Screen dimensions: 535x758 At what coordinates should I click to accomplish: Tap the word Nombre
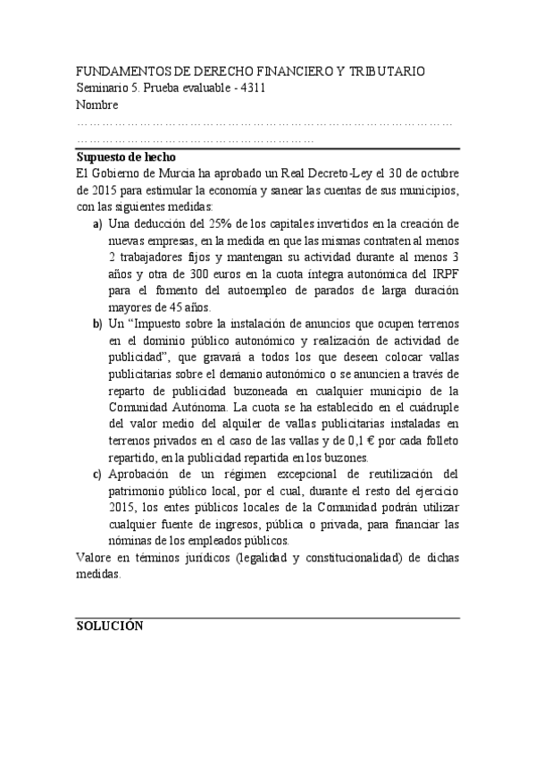(x=97, y=105)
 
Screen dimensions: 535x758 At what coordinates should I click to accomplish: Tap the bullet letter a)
(x=97, y=223)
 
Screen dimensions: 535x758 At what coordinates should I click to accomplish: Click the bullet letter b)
(x=97, y=324)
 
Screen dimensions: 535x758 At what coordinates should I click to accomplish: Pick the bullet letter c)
(x=97, y=474)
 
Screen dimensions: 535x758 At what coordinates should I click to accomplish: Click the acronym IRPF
(x=443, y=274)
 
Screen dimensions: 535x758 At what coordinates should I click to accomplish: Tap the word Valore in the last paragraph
(x=94, y=558)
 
